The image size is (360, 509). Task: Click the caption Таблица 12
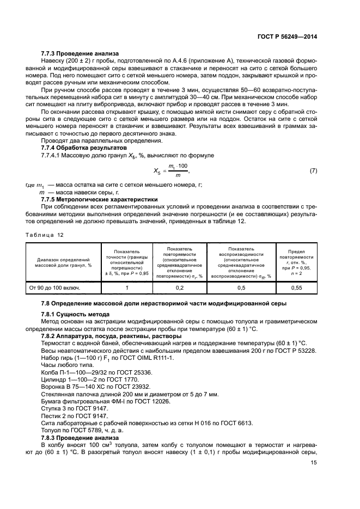click(x=44, y=234)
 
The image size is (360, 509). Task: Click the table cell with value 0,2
click(x=179, y=287)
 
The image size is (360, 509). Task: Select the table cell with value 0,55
click(x=296, y=287)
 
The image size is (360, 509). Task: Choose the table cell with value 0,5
click(x=242, y=287)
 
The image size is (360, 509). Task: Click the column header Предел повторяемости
click(x=296, y=262)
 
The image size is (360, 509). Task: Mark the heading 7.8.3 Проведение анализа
click(x=76, y=438)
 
